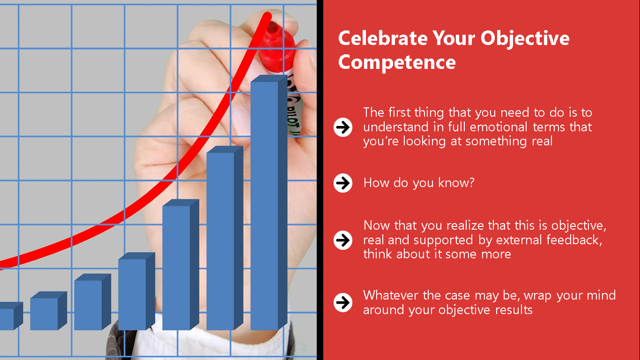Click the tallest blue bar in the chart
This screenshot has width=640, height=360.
(x=268, y=202)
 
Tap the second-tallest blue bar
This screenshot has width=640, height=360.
(x=224, y=238)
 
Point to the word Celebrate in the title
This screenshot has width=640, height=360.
(x=383, y=38)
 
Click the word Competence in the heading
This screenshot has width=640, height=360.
(x=397, y=62)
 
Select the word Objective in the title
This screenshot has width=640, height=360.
(x=525, y=38)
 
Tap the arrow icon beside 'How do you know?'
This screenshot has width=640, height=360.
(x=343, y=183)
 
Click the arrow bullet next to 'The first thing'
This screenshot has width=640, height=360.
(x=343, y=127)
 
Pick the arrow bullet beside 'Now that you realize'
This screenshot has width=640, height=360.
(x=343, y=240)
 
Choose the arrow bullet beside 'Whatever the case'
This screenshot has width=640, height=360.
(x=343, y=302)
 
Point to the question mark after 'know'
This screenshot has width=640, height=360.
(x=471, y=182)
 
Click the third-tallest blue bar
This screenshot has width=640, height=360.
(x=180, y=264)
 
